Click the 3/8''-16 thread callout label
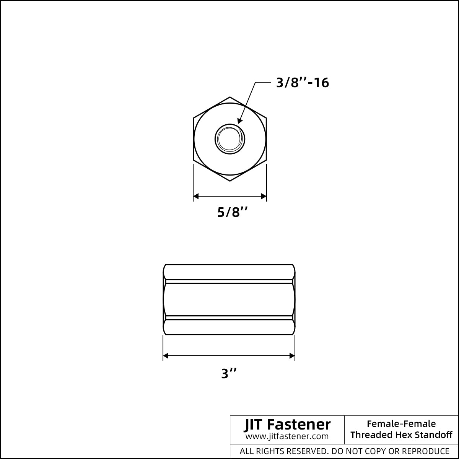pos(302,83)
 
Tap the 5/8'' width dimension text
pos(232,212)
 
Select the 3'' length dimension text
pos(229,373)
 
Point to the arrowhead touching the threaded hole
pos(240,120)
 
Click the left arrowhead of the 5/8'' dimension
pos(196,196)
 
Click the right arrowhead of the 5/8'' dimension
pos(264,196)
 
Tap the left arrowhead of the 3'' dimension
pos(166,356)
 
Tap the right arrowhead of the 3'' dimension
pos(292,356)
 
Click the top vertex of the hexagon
pos(230,97)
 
